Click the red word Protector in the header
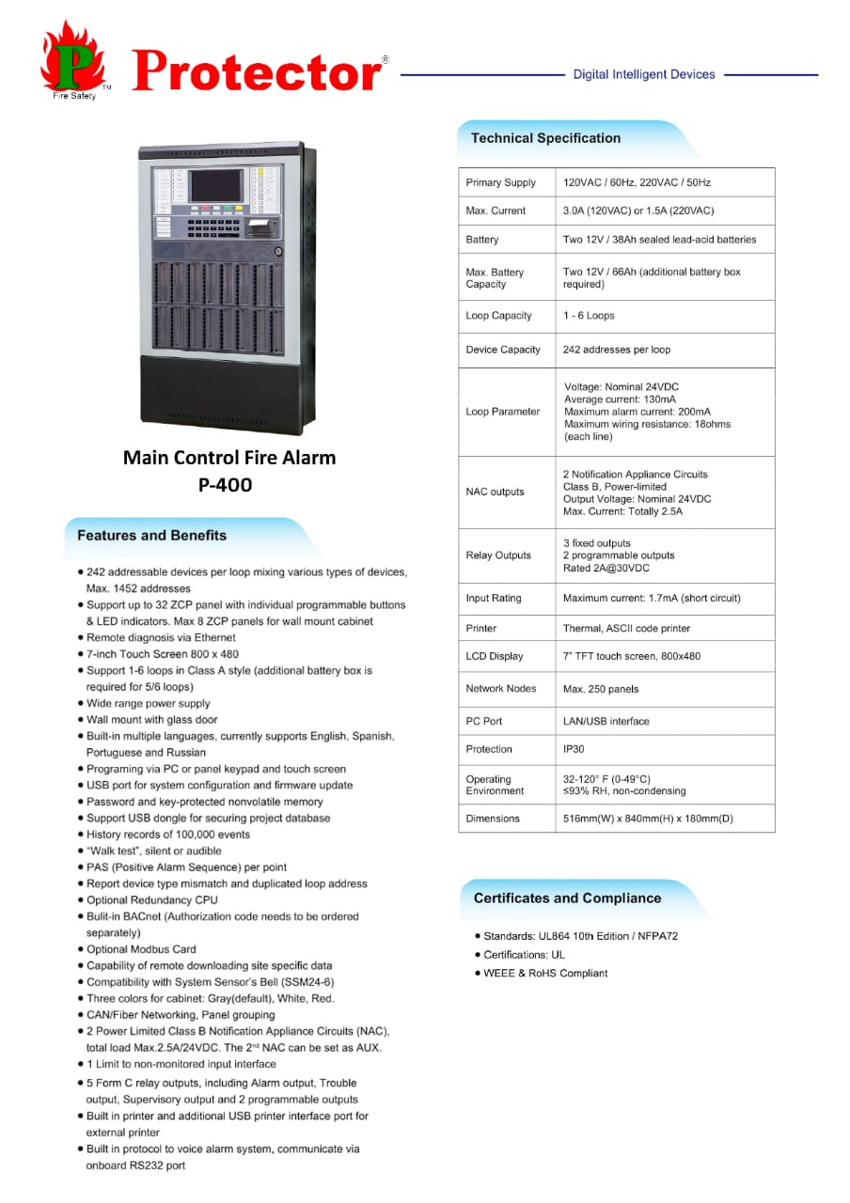[257, 70]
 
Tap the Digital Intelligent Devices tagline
[644, 74]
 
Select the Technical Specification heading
[545, 138]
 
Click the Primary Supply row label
[500, 182]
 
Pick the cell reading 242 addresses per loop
[617, 350]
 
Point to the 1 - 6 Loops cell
[589, 316]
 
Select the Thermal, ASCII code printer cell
[626, 628]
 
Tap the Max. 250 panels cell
[601, 689]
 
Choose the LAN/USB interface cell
[606, 721]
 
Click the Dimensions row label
[493, 819]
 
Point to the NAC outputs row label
[495, 492]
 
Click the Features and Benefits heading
[151, 536]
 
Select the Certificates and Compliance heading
[567, 898]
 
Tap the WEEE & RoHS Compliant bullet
[545, 973]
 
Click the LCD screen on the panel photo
[216, 185]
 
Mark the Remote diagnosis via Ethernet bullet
[161, 637]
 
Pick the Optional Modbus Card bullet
[141, 949]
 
